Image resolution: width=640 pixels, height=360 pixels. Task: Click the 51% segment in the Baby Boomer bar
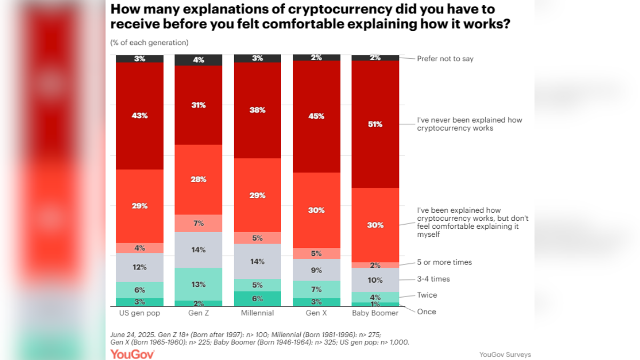(375, 124)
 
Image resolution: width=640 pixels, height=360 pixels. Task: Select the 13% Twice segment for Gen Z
(198, 284)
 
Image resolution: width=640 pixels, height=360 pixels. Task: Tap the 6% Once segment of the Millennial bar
(258, 299)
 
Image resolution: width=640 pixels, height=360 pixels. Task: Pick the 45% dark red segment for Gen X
(316, 116)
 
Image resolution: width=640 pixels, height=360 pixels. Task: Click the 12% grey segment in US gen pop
(140, 267)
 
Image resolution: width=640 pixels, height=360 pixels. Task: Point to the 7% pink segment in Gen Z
(198, 223)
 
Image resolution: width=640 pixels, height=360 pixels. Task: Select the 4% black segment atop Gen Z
(198, 60)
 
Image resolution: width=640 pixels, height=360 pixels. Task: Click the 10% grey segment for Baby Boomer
(375, 279)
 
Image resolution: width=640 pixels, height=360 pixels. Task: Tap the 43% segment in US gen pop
(140, 115)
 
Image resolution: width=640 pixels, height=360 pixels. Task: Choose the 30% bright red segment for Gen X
(316, 210)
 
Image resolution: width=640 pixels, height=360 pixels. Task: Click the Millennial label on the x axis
(258, 313)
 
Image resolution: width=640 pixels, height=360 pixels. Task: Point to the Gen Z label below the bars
(198, 313)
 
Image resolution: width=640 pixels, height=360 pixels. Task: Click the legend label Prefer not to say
(445, 59)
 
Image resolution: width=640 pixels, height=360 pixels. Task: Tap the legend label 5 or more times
(444, 262)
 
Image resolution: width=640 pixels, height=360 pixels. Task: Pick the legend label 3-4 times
(433, 279)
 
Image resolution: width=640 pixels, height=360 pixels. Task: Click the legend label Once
(426, 311)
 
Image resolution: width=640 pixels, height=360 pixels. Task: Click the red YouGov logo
(132, 354)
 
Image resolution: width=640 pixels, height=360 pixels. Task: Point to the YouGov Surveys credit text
(505, 355)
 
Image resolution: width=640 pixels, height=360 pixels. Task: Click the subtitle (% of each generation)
(149, 43)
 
